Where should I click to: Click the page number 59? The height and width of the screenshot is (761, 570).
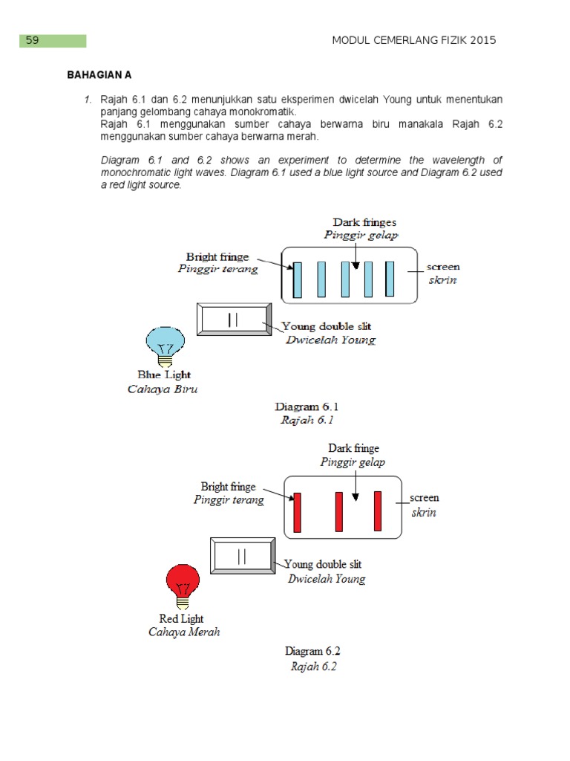33,41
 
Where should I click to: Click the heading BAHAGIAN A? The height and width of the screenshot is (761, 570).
99,76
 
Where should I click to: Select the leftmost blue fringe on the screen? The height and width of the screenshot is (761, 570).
298,279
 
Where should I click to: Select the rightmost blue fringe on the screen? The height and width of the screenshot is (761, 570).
390,279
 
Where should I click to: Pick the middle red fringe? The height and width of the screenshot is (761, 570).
339,511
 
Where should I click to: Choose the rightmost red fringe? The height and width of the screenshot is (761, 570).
377,511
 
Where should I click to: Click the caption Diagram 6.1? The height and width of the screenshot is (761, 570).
307,407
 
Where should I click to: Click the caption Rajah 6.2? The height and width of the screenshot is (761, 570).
313,667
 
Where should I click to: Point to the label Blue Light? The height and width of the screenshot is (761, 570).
164,375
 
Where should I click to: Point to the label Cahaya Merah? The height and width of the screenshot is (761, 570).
184,632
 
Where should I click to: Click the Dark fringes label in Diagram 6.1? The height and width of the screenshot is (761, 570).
364,222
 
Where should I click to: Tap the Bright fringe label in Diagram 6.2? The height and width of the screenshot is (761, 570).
228,487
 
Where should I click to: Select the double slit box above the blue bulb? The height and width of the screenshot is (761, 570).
235,319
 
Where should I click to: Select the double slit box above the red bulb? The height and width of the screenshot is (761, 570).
243,557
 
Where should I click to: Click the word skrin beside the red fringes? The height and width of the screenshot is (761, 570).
424,513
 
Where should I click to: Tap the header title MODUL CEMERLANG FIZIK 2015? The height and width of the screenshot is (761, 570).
414,41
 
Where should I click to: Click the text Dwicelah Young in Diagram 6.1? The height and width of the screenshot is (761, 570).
331,340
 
